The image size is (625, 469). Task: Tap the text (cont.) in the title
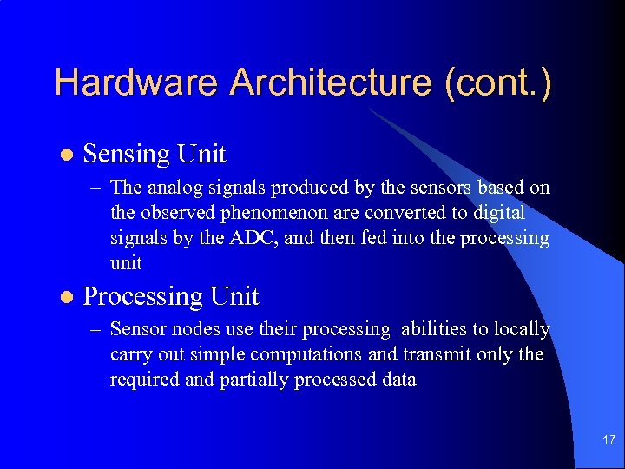click(497, 83)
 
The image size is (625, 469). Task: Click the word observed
click(176, 213)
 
